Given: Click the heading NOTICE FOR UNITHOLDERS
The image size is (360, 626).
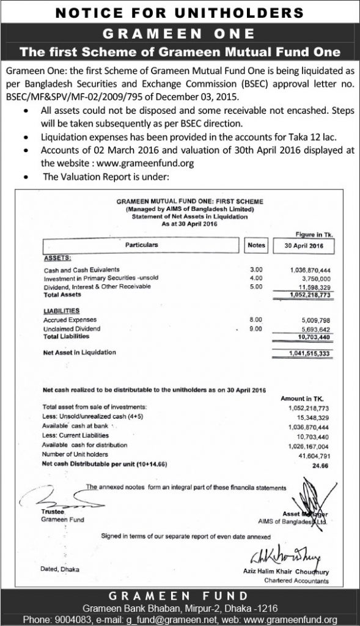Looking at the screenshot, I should (180, 12).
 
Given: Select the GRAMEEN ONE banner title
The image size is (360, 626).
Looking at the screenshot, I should (180, 32).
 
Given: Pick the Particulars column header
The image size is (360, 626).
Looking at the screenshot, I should (141, 245).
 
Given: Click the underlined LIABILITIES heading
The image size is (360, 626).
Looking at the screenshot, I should (62, 311).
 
